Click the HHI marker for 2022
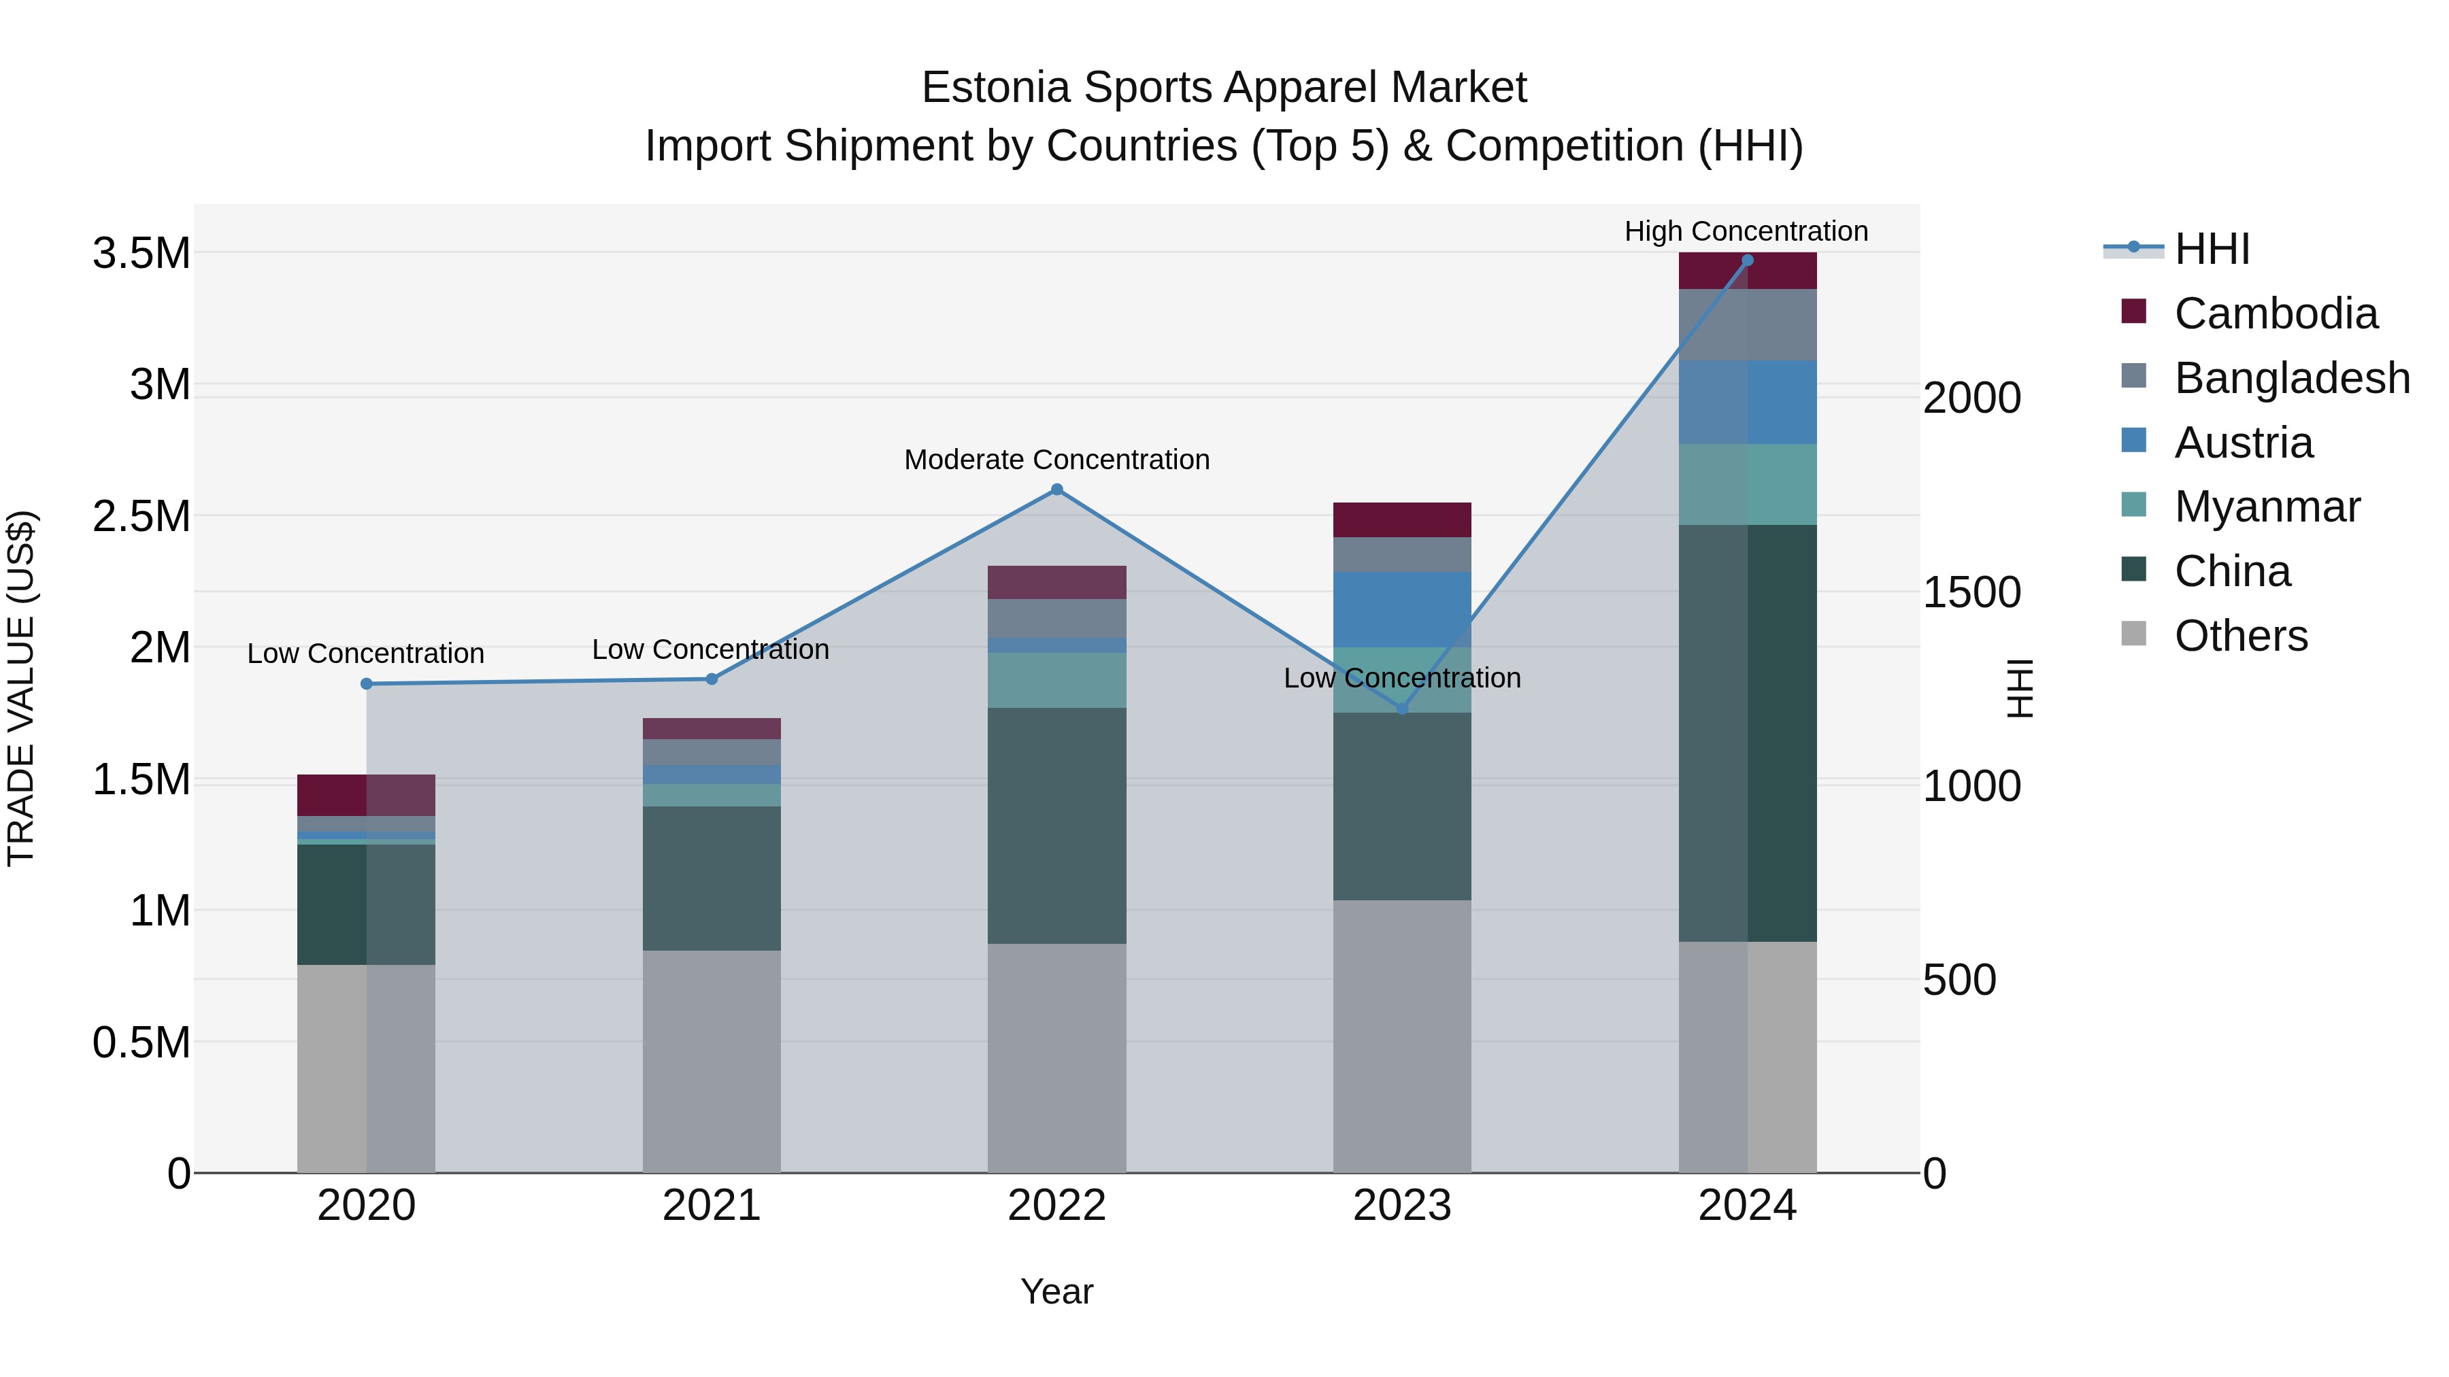(x=1056, y=490)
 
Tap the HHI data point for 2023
(x=1401, y=708)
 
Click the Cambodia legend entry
(x=2275, y=313)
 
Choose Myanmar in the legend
(x=2267, y=507)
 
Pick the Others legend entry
(x=2240, y=636)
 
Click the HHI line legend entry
(x=2212, y=249)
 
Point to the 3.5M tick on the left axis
(x=141, y=254)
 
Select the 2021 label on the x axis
(x=711, y=1206)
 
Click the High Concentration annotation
(x=1746, y=231)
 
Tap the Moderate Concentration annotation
(x=1056, y=459)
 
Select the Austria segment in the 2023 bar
(x=1401, y=608)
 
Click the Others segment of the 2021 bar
(x=711, y=1059)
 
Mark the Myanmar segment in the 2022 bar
(x=1056, y=679)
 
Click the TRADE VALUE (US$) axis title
(x=21, y=688)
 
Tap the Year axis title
(x=1056, y=1291)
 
